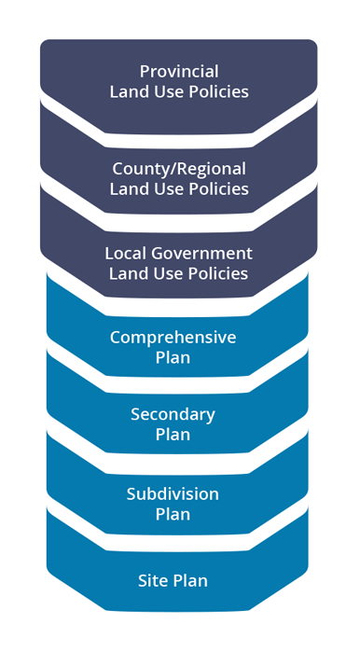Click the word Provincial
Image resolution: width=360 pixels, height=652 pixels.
click(179, 71)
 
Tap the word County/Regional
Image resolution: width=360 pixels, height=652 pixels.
click(179, 169)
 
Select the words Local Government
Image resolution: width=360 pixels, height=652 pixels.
click(179, 253)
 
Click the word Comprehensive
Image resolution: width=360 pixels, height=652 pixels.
click(173, 337)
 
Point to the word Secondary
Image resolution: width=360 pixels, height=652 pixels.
click(173, 414)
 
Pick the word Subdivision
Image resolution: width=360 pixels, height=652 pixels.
click(173, 493)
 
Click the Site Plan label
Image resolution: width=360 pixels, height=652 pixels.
click(173, 580)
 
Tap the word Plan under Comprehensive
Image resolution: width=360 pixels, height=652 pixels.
click(173, 357)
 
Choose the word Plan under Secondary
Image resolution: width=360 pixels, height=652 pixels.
click(173, 435)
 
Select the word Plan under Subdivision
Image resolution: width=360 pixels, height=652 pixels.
click(173, 514)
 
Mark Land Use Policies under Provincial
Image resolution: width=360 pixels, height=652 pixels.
click(179, 91)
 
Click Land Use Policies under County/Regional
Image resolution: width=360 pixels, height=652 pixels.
click(179, 189)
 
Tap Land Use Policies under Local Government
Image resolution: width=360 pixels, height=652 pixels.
click(179, 273)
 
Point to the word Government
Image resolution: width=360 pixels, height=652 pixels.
click(201, 253)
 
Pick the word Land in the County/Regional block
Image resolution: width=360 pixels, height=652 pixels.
click(128, 189)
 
